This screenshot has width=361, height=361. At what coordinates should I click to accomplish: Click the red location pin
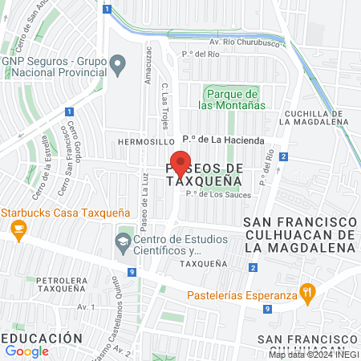click(x=181, y=164)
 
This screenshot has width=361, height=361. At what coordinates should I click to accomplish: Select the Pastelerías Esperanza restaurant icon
click(x=306, y=293)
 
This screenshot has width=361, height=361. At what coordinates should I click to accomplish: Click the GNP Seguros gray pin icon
click(x=118, y=62)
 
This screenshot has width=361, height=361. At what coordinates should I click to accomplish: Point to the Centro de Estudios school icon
click(x=124, y=241)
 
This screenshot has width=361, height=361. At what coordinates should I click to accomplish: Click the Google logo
click(x=27, y=351)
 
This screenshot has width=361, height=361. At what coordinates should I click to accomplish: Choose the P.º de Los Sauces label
click(x=218, y=194)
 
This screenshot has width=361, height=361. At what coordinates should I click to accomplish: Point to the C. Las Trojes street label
click(x=165, y=101)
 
